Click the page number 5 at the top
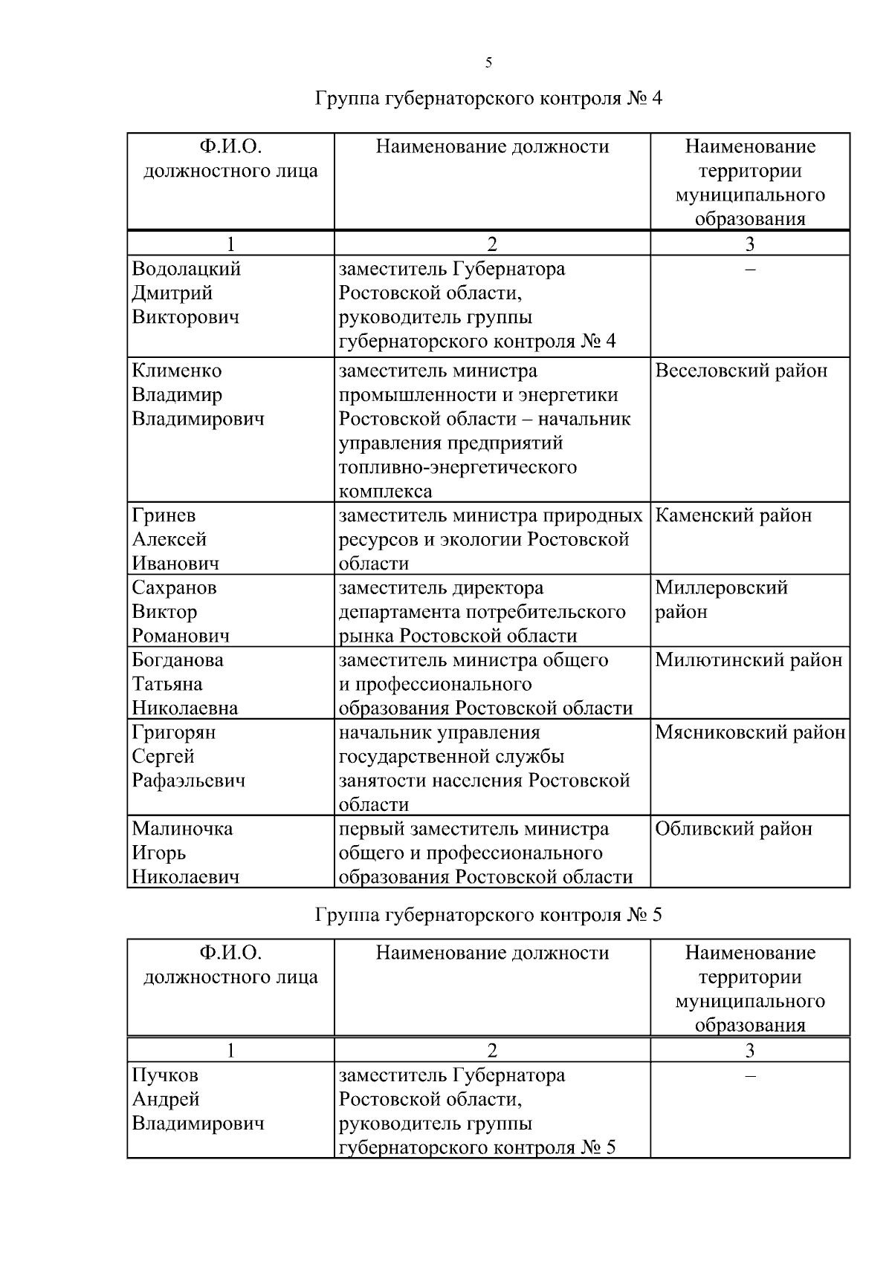coord(488,63)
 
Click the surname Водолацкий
coord(187,269)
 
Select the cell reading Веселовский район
coord(741,371)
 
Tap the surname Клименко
coord(177,371)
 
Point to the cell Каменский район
coord(734,515)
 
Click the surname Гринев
coord(164,515)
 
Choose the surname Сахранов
coord(175,587)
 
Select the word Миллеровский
coord(721,587)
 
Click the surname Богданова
coord(178,659)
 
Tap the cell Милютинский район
coord(749,659)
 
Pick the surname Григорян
coord(174,732)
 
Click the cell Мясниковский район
coord(750,732)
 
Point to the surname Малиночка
coord(182,829)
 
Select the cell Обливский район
coord(734,829)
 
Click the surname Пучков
coord(165,1075)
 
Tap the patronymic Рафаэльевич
coord(189,781)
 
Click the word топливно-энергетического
coord(458,467)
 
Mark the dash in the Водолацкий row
coord(750,269)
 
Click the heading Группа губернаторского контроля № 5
coord(488,915)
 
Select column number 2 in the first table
coord(491,244)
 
